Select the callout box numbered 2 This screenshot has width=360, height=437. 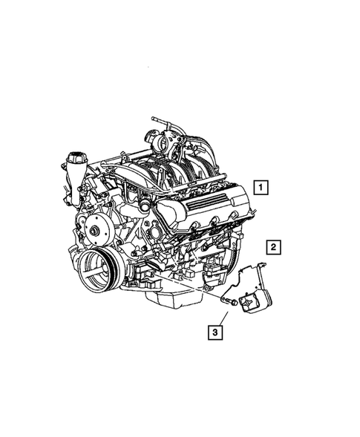pos(273,246)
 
